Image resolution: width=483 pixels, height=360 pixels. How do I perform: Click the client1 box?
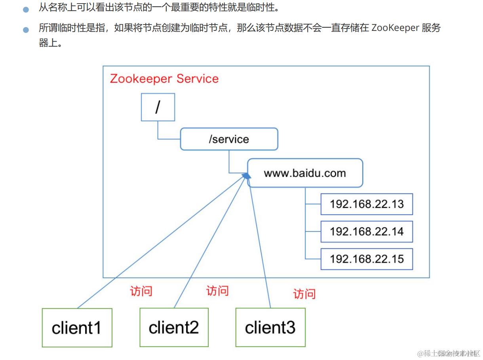[x=77, y=328]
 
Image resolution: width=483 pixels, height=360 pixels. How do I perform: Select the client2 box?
[x=174, y=328]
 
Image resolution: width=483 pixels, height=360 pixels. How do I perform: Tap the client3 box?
[x=270, y=328]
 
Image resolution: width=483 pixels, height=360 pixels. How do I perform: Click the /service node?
[x=229, y=139]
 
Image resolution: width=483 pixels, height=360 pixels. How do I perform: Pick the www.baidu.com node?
[x=305, y=173]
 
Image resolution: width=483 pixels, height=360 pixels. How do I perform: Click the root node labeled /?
[x=158, y=107]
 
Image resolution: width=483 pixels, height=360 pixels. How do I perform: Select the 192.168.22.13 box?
[x=367, y=204]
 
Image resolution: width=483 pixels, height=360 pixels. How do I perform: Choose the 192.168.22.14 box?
[x=367, y=231]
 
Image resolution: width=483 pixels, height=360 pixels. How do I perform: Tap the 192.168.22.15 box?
[x=367, y=259]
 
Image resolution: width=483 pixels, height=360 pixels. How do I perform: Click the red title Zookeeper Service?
[x=164, y=78]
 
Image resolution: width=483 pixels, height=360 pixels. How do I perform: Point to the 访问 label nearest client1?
[x=141, y=292]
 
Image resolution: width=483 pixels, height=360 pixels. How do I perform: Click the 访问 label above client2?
[x=217, y=291]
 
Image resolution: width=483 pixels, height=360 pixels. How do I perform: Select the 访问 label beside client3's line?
[x=304, y=294]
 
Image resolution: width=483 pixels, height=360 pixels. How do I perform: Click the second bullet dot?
[x=26, y=30]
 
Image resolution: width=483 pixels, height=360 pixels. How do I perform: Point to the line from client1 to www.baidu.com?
[x=158, y=245]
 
